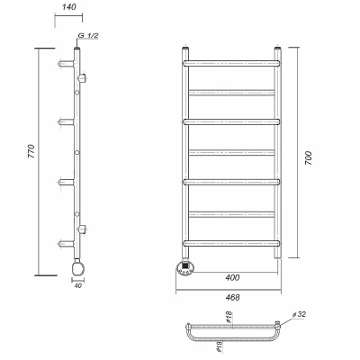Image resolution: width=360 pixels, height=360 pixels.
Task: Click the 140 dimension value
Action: pyautogui.click(x=69, y=7)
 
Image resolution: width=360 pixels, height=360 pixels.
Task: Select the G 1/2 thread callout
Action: pyautogui.click(x=88, y=36)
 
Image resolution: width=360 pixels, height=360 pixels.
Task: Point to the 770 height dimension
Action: pyautogui.click(x=31, y=151)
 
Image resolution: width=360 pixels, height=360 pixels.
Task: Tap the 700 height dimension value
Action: pyautogui.click(x=309, y=158)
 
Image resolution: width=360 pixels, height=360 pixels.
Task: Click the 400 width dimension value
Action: pyautogui.click(x=232, y=277)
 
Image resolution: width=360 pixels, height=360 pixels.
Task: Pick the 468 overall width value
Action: pyautogui.click(x=232, y=297)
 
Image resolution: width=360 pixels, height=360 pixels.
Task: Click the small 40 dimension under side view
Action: pyautogui.click(x=77, y=285)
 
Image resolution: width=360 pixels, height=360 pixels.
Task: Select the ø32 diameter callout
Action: pyautogui.click(x=299, y=314)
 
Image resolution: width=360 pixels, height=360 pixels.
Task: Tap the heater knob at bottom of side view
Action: pyautogui.click(x=77, y=267)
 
